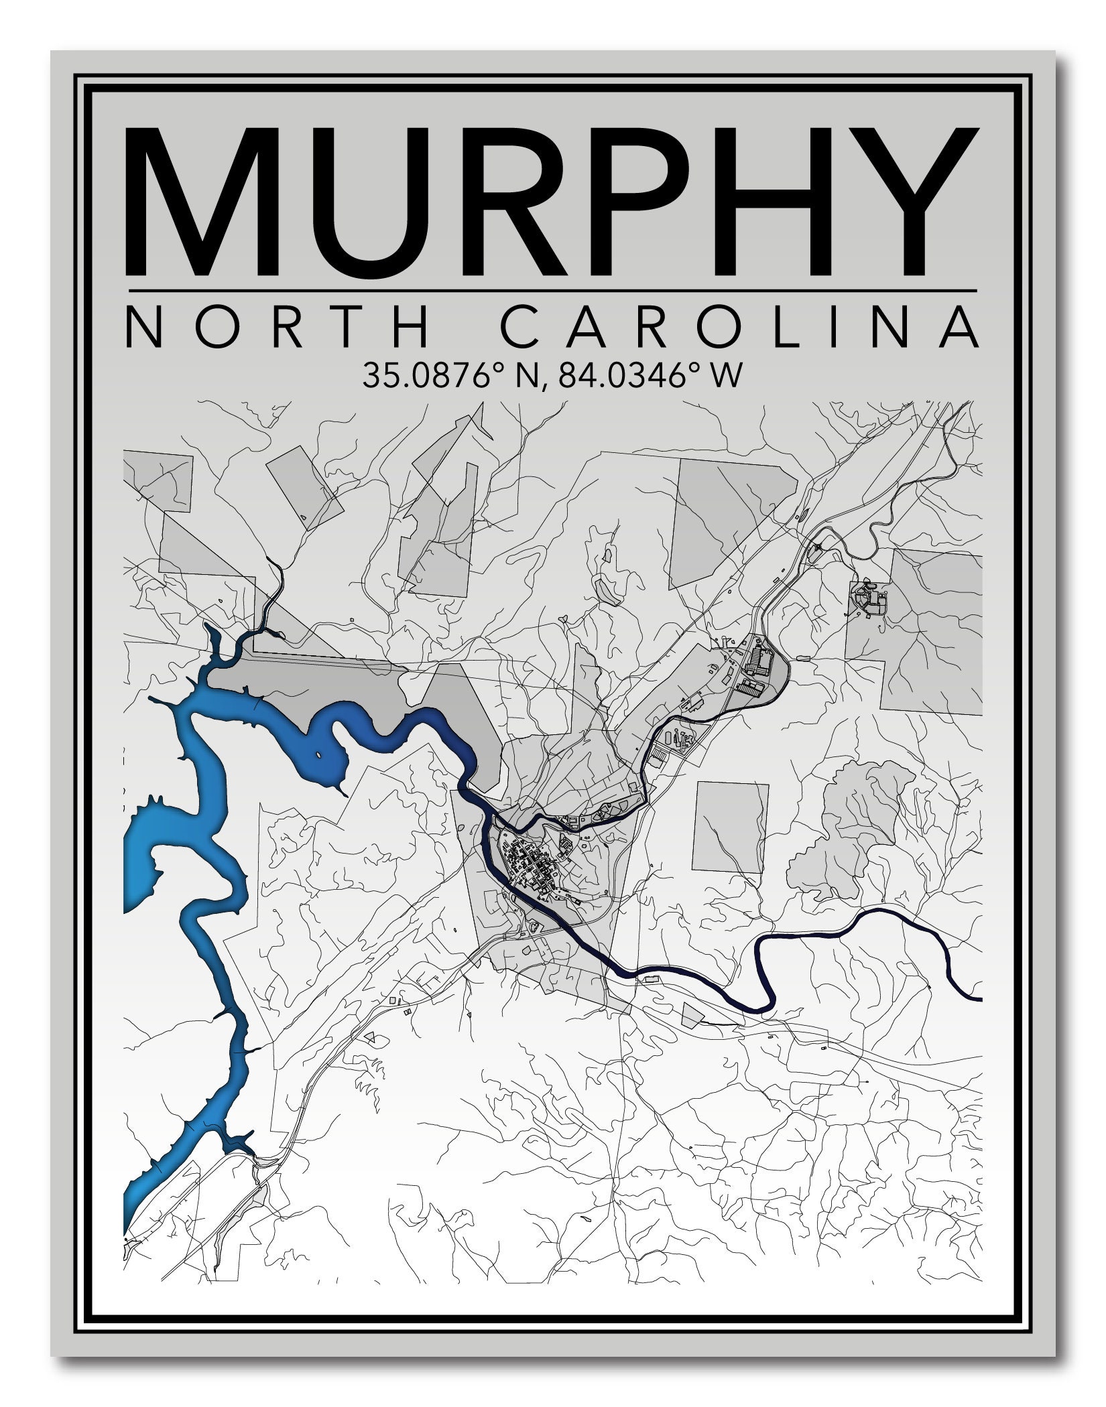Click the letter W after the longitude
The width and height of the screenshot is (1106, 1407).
(728, 375)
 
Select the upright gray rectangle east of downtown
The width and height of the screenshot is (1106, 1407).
(731, 827)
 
